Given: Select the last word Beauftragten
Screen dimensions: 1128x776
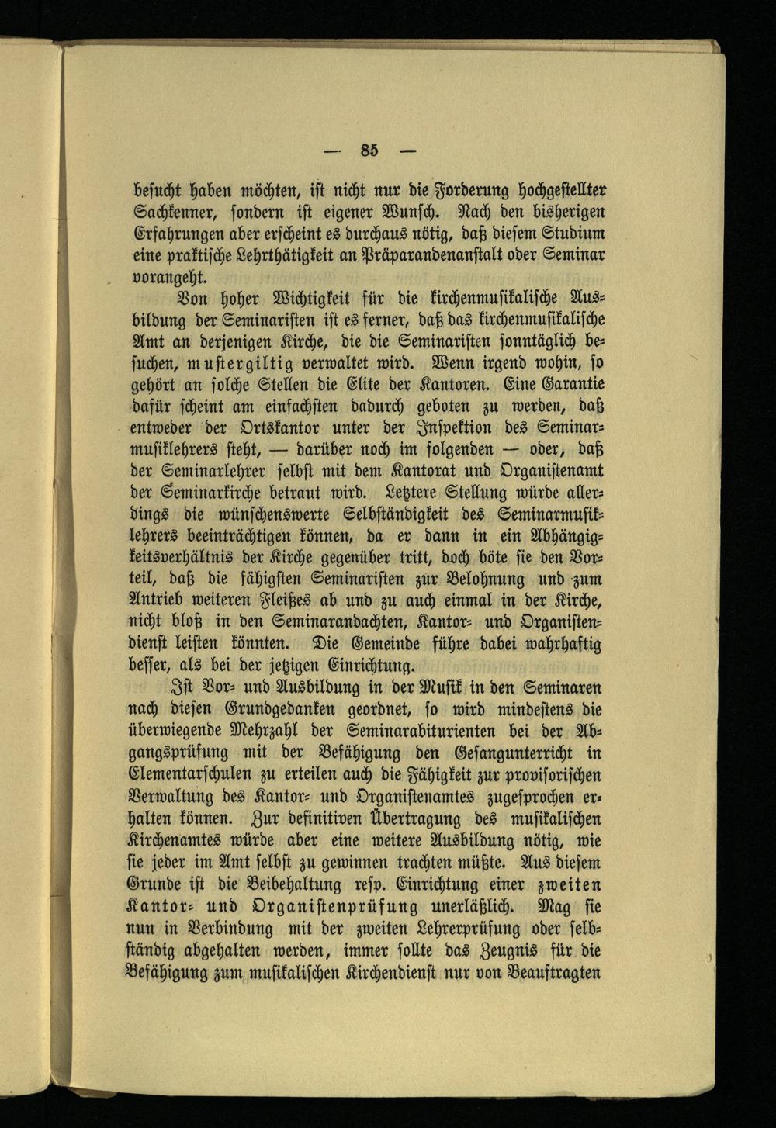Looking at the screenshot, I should (x=565, y=972).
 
